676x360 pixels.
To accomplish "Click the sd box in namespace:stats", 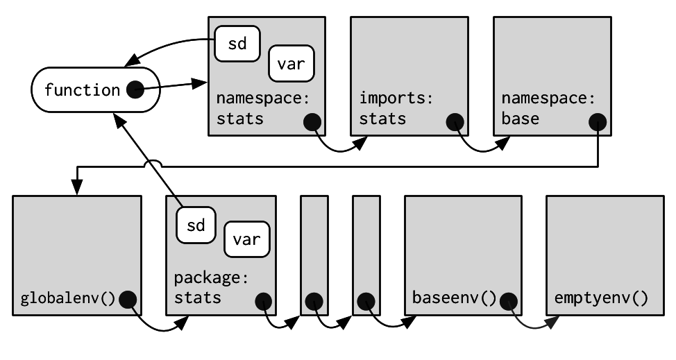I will (x=236, y=43).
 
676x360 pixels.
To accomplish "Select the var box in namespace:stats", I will (x=291, y=64).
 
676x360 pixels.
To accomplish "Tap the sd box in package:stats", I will (x=196, y=225).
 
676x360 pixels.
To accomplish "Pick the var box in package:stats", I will (x=246, y=239).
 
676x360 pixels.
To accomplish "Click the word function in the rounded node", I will (x=82, y=90).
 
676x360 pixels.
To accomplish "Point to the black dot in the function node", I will (x=135, y=89).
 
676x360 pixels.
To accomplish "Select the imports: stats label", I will (x=396, y=108).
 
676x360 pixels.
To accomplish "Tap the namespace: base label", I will (x=549, y=108).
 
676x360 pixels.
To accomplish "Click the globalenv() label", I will (x=67, y=299).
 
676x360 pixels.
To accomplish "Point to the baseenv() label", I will (x=455, y=299).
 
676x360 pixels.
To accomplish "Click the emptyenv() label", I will (x=601, y=299).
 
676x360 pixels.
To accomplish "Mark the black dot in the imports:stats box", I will (x=455, y=122).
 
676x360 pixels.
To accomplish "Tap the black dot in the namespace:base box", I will (x=598, y=122).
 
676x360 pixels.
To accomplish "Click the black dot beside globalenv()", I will (x=128, y=300).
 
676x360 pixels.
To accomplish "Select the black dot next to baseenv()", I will (x=510, y=300).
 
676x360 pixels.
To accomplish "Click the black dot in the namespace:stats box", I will (x=312, y=122).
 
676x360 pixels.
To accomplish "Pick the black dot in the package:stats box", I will (x=264, y=301).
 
